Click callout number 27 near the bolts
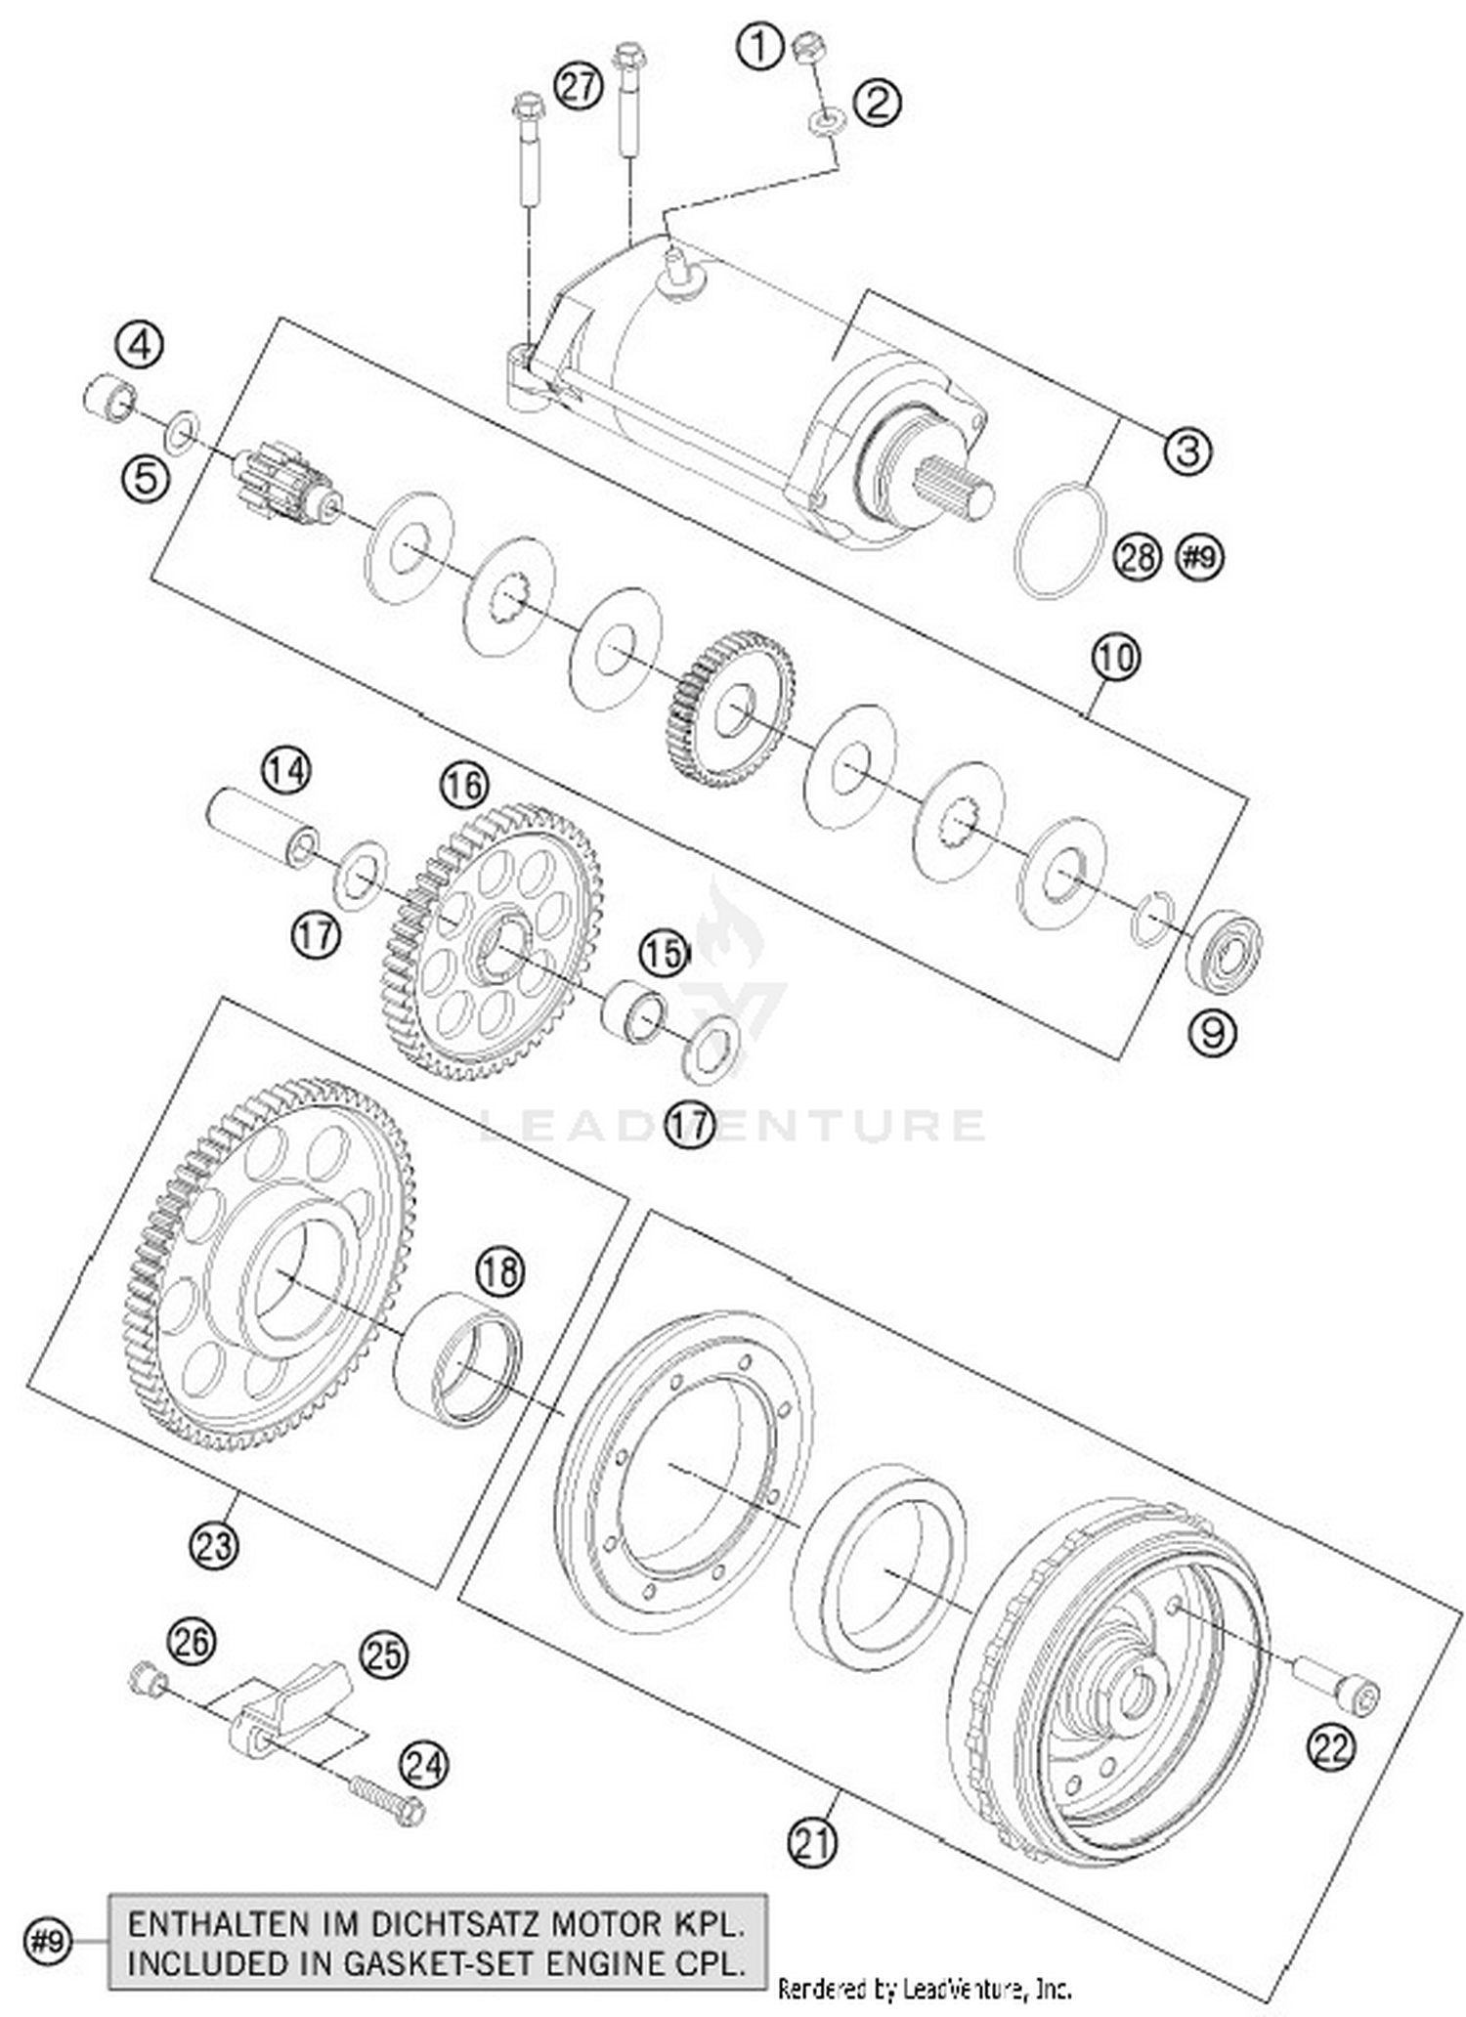[x=579, y=86]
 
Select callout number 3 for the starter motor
[x=1186, y=451]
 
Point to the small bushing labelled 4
[x=108, y=399]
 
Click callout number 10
[x=1115, y=657]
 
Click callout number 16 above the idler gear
[x=463, y=785]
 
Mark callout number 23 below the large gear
[x=214, y=1545]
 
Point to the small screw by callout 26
[x=147, y=1680]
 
